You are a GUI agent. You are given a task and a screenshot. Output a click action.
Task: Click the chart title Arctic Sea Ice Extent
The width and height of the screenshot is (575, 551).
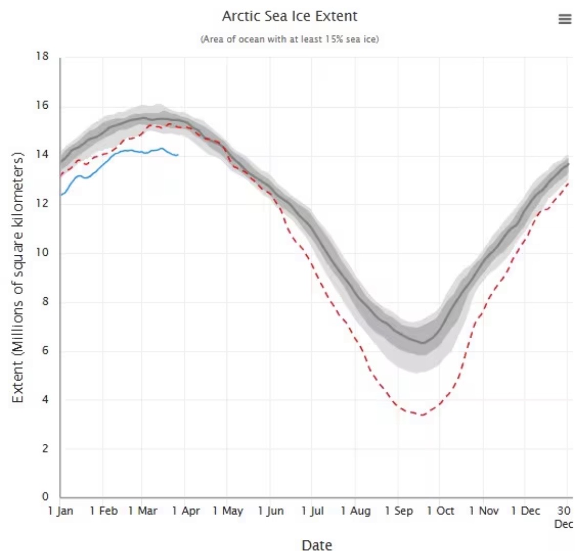click(x=290, y=16)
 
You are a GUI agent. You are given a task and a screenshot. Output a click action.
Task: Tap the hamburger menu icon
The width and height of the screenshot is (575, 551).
click(x=564, y=19)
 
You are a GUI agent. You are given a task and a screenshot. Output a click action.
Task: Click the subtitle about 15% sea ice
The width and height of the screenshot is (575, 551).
click(x=290, y=39)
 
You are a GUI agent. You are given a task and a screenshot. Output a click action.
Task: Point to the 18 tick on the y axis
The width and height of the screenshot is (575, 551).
click(x=42, y=57)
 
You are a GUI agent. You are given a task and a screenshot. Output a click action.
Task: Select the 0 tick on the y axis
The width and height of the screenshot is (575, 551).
click(x=45, y=496)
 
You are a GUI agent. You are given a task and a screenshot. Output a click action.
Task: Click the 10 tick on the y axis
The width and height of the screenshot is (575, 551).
click(x=42, y=252)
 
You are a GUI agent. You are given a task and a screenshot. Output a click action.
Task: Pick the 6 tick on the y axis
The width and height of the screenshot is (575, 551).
click(x=45, y=350)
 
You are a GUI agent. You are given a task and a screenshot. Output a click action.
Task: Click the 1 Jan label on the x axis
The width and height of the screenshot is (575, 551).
click(x=60, y=511)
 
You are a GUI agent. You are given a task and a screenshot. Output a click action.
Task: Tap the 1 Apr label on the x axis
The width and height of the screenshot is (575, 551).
click(x=186, y=511)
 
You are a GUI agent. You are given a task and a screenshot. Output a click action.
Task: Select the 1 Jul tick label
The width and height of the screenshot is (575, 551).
click(x=313, y=511)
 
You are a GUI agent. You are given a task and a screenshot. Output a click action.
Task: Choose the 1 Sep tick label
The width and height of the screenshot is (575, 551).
click(x=398, y=511)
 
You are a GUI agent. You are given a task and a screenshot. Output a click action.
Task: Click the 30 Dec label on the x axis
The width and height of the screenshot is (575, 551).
click(x=564, y=516)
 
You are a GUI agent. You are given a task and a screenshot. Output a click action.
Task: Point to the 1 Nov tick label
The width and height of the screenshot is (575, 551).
click(x=484, y=511)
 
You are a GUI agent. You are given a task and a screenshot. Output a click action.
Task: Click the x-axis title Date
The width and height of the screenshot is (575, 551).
click(x=317, y=545)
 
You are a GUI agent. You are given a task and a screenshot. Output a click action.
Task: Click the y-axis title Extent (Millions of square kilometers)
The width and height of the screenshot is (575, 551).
click(x=18, y=278)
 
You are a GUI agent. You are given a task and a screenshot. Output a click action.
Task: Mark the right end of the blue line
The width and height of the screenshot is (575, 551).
click(x=178, y=155)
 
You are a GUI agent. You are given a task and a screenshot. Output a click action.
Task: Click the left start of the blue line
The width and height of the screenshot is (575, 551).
click(x=61, y=195)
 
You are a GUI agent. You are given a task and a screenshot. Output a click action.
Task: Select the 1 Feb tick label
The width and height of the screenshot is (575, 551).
click(x=103, y=511)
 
